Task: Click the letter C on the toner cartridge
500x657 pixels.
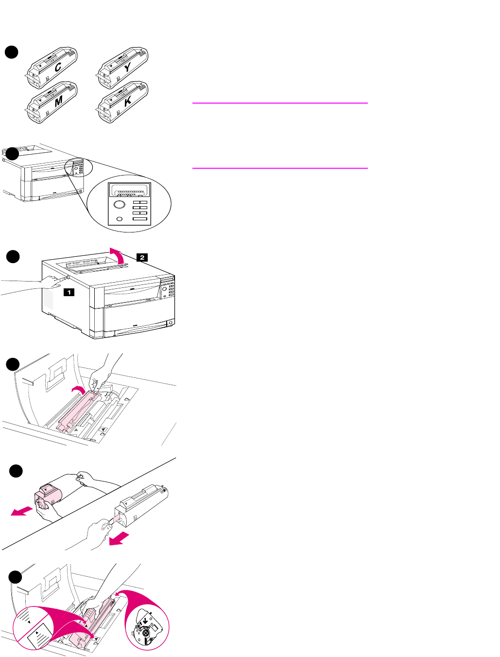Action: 58,68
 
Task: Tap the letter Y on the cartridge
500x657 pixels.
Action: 127,68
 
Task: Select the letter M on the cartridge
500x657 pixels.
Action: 59,102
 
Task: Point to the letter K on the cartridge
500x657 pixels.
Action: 128,102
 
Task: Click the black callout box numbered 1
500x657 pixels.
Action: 69,292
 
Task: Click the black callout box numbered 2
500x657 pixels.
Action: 141,257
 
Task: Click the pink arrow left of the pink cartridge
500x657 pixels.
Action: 22,512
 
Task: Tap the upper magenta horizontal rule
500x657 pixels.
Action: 280,103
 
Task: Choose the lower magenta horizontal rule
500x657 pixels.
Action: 280,168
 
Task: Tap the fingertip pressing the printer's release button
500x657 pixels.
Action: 66,279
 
